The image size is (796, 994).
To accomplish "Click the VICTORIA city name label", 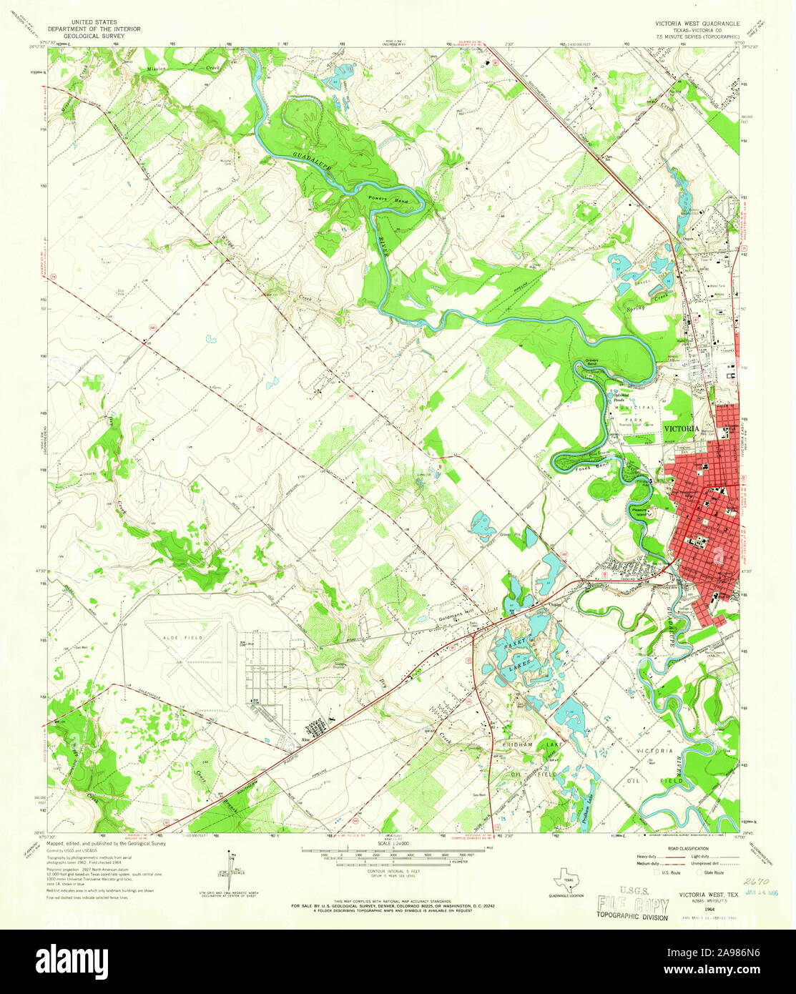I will pyautogui.click(x=680, y=428).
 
